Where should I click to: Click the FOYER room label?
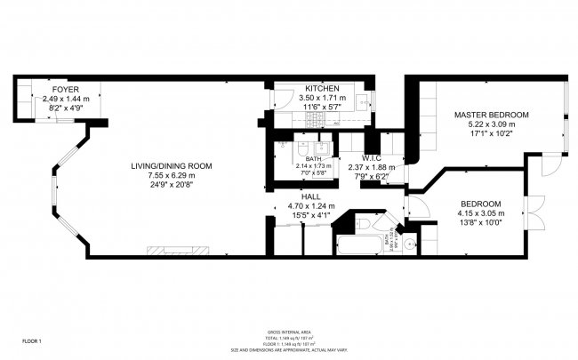tap(65, 90)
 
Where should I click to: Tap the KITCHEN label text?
tap(320, 90)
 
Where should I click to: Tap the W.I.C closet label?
tap(371, 158)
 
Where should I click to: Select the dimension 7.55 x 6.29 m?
tap(172, 176)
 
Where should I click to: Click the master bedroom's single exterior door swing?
tap(551, 165)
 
